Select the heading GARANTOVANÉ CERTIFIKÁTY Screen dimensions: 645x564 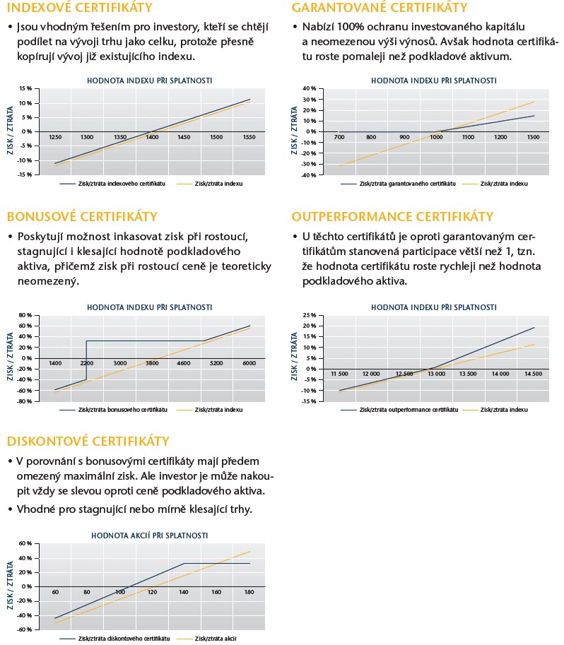[x=380, y=8]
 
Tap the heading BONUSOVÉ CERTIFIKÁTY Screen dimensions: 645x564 [x=82, y=217]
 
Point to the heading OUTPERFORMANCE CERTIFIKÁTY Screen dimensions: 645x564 [x=402, y=217]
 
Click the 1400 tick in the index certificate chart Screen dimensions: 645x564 [x=152, y=137]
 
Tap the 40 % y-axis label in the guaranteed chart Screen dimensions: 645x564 [x=308, y=89]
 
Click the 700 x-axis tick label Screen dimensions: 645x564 [x=340, y=137]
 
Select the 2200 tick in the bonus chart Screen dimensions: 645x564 [x=86, y=363]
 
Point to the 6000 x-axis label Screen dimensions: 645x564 [x=249, y=363]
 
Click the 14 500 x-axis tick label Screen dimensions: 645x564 [x=532, y=374]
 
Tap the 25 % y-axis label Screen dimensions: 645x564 [x=308, y=315]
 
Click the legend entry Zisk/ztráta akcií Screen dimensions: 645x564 [x=215, y=639]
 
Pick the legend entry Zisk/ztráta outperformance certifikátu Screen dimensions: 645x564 [x=409, y=410]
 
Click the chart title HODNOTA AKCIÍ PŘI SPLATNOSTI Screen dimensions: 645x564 [x=149, y=535]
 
